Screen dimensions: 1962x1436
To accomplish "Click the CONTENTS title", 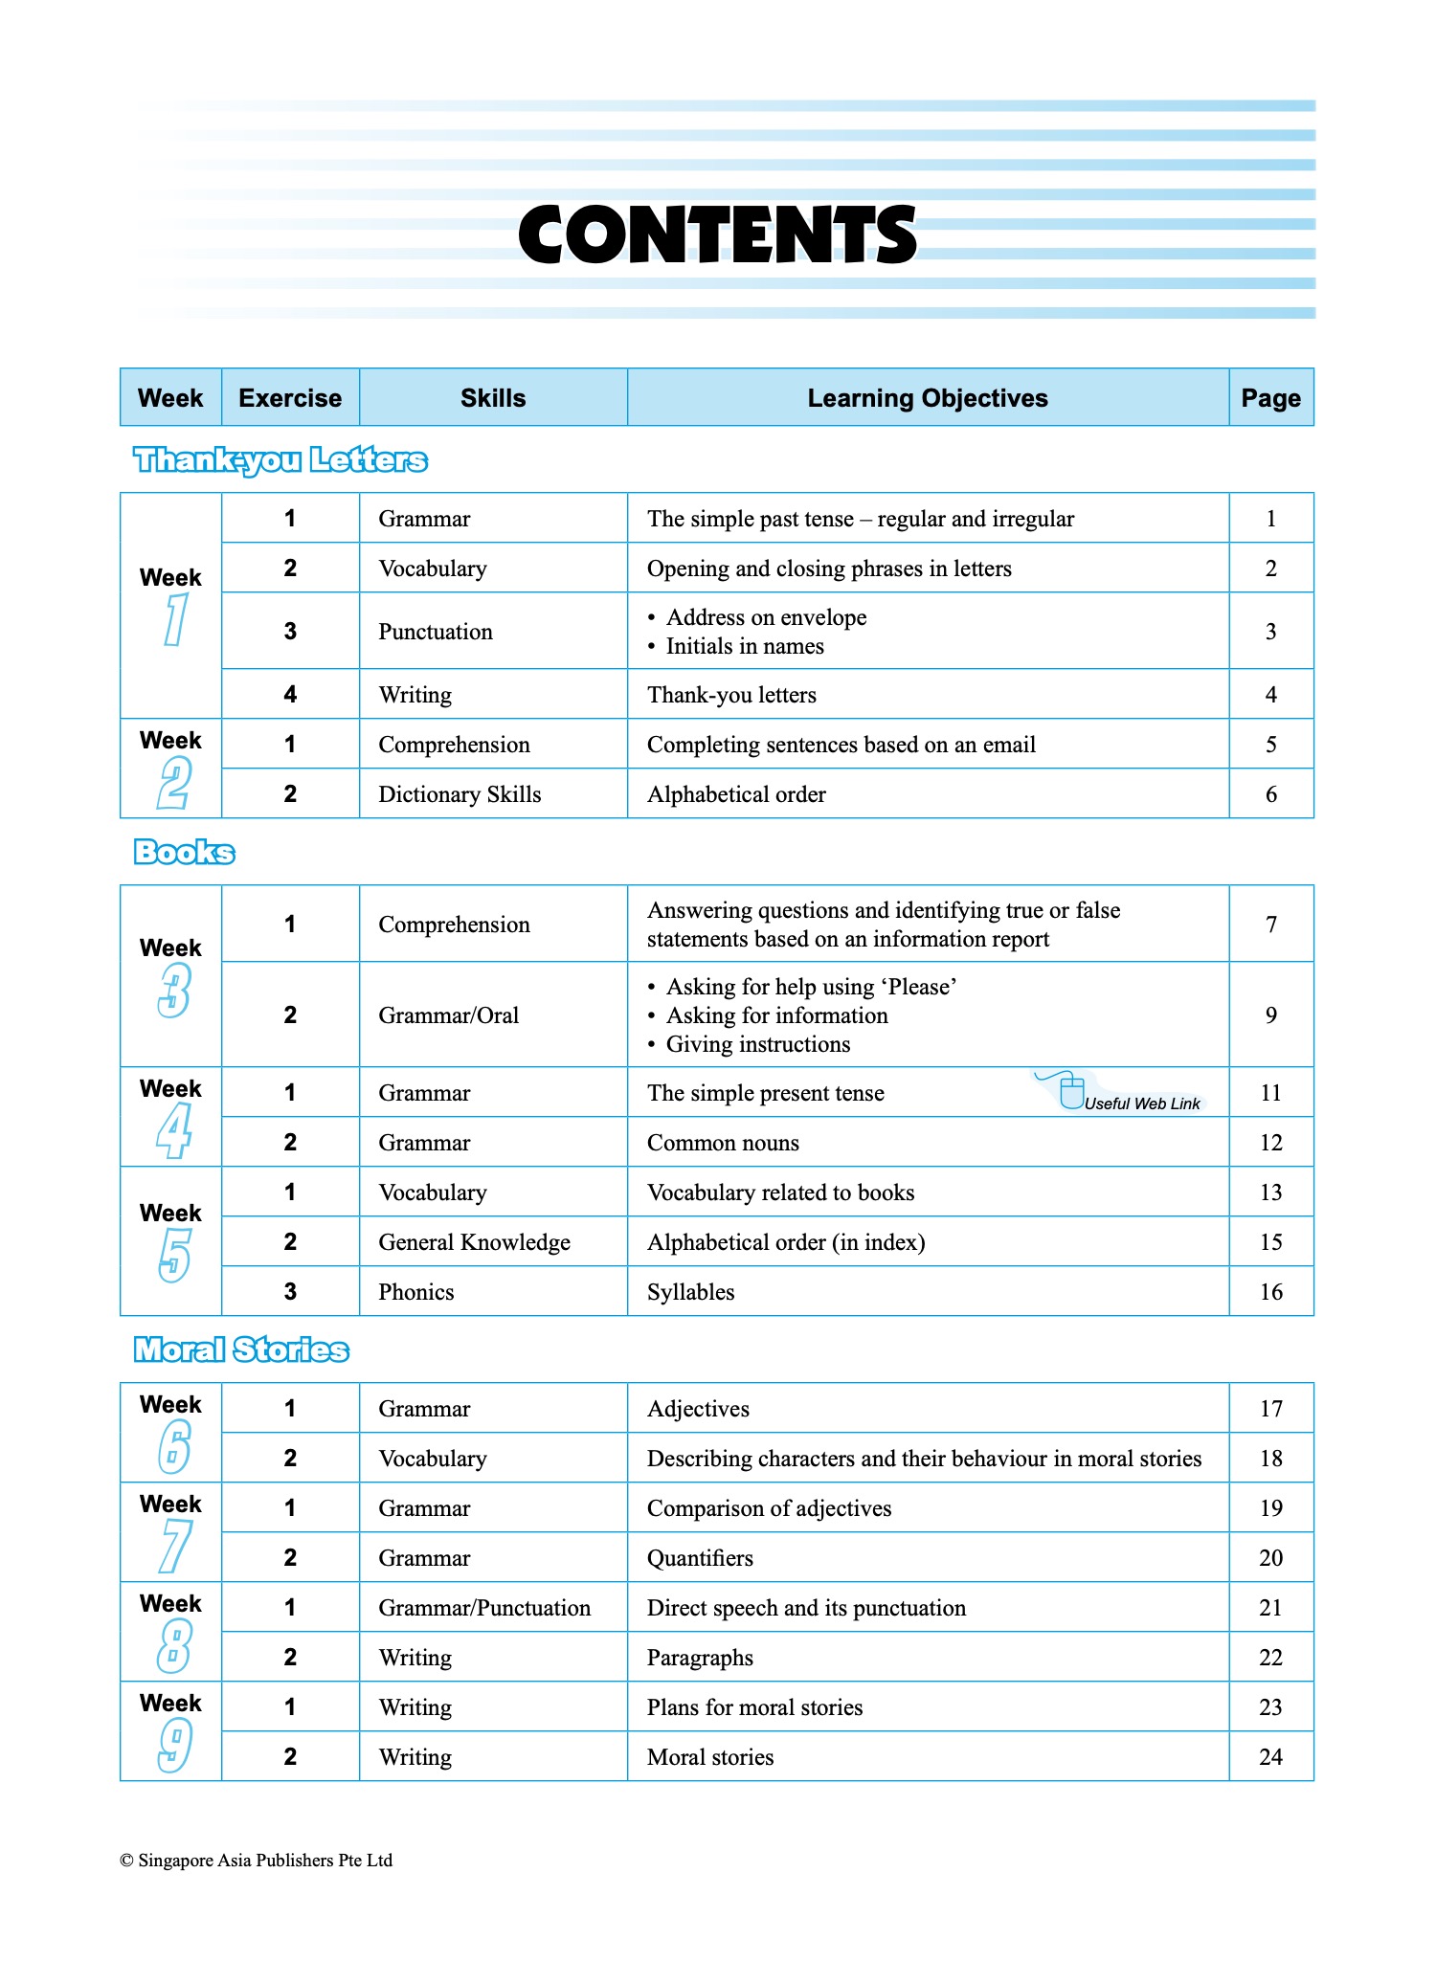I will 717,234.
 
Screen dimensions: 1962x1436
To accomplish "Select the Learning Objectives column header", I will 927,398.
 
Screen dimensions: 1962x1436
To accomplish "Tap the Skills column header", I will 493,398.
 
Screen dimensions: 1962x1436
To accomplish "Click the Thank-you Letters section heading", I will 280,460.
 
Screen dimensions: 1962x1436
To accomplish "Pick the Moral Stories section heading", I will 241,1349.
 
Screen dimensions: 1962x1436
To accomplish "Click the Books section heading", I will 184,852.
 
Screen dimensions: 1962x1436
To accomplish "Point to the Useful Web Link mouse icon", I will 1071,1092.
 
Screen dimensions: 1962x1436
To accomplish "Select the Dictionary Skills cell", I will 460,794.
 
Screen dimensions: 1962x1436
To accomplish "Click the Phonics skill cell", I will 416,1292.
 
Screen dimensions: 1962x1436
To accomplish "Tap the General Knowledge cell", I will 474,1242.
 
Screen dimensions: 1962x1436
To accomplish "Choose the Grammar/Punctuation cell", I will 484,1608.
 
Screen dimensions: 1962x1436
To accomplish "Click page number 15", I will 1270,1242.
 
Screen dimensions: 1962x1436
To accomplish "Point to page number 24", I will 1270,1757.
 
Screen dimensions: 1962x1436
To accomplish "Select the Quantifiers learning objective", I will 700,1558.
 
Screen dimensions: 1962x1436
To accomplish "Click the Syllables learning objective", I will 690,1292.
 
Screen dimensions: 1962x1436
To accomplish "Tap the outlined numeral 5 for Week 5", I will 174,1255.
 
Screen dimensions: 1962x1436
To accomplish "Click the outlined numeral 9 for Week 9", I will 174,1745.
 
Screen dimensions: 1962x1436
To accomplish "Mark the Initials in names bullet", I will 744,647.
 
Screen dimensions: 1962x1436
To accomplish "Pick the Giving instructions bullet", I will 757,1044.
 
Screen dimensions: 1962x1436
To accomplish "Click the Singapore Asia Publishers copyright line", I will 256,1861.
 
